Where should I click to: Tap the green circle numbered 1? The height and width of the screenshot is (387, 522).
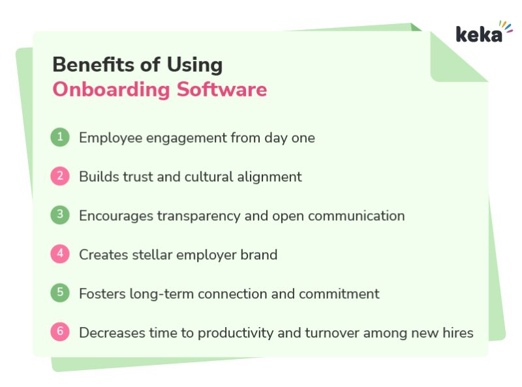coord(60,137)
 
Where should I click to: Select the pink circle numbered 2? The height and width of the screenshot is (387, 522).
coord(60,176)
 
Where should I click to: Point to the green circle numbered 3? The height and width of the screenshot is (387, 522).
coord(60,215)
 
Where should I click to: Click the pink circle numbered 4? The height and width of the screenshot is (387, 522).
coord(60,254)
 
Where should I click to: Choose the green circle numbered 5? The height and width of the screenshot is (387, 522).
coord(60,293)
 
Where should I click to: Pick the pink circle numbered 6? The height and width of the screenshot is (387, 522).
coord(60,332)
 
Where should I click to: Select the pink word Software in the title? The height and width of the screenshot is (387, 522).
coord(222,89)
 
